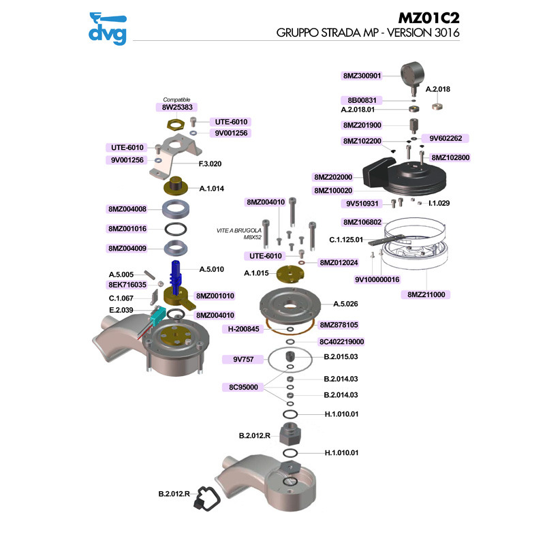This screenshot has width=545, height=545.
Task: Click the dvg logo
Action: [108, 29]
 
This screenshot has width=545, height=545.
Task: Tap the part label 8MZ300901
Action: [362, 76]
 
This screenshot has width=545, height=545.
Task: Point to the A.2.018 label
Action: [443, 89]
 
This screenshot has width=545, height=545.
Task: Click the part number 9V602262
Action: [446, 138]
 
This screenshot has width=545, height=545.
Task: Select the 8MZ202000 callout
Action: [333, 176]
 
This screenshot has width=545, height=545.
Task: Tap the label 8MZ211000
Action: [427, 294]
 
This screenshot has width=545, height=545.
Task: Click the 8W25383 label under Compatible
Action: [177, 108]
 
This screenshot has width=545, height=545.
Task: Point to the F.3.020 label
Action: [210, 163]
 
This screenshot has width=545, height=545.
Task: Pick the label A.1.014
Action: [211, 188]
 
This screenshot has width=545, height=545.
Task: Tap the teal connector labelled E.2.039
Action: [155, 315]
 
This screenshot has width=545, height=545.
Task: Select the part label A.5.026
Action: [345, 304]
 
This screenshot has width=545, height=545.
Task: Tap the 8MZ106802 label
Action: [362, 222]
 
